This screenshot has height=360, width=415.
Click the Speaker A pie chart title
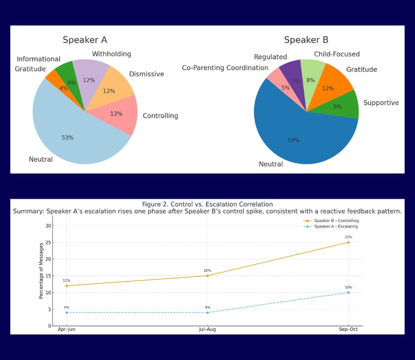pos(85,40)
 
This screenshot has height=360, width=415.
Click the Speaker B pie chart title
pos(306,40)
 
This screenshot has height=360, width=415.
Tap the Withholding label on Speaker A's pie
pos(111,54)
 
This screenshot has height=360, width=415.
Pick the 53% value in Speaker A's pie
pos(67,138)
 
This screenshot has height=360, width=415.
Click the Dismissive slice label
pos(146,74)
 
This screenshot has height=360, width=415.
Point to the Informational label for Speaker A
pos(38,59)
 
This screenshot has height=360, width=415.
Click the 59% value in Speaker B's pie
pos(293,141)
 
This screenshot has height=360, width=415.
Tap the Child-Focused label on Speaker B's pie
pos(337,54)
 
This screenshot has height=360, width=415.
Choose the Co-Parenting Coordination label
pos(225,68)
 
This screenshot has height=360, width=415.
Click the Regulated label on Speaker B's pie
pos(270,57)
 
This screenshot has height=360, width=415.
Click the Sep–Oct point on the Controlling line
pos(348,242)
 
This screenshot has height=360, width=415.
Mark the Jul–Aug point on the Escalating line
pos(207,312)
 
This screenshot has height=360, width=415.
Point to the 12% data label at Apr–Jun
pos(66,281)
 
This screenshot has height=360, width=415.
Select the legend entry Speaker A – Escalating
pos(336,226)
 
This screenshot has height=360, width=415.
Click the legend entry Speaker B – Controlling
pos(336,221)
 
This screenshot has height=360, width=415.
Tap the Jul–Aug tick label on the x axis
pos(207,329)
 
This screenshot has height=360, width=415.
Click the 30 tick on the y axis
pos(48,225)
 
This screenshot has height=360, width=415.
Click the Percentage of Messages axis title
pos(41,270)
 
